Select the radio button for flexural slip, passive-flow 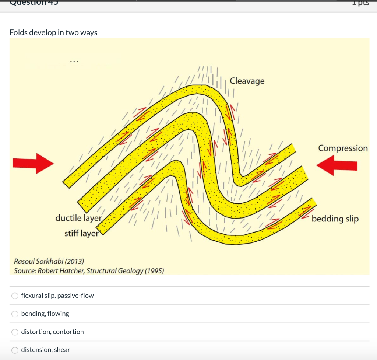[15, 296]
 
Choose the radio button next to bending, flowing [15, 314]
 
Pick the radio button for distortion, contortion [15, 332]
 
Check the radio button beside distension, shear [15, 350]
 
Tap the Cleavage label [247, 81]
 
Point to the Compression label [343, 148]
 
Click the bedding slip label [335, 219]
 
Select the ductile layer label [78, 218]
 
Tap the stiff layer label [81, 234]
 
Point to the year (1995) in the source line [154, 271]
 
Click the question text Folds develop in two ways [53, 32]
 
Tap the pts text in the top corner [360, 3]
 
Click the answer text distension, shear [46, 350]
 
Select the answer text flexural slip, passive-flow [57, 296]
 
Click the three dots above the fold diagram [74, 62]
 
